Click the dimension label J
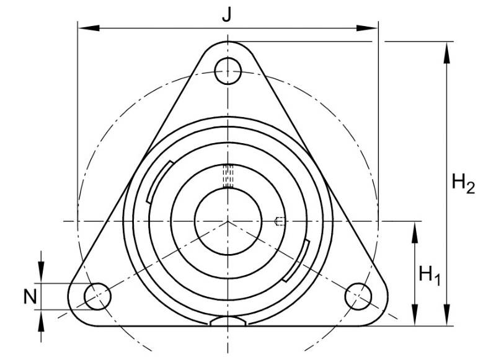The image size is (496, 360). tap(226, 14)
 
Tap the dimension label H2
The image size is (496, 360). tap(463, 183)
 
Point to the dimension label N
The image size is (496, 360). tap(30, 297)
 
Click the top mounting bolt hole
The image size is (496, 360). tap(228, 71)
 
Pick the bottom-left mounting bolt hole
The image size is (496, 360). tap(98, 296)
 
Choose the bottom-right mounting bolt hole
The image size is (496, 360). tap(358, 296)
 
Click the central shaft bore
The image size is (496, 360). tap(228, 221)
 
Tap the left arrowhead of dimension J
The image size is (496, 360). tap(89, 28)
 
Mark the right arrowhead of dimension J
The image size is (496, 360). tap(367, 28)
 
